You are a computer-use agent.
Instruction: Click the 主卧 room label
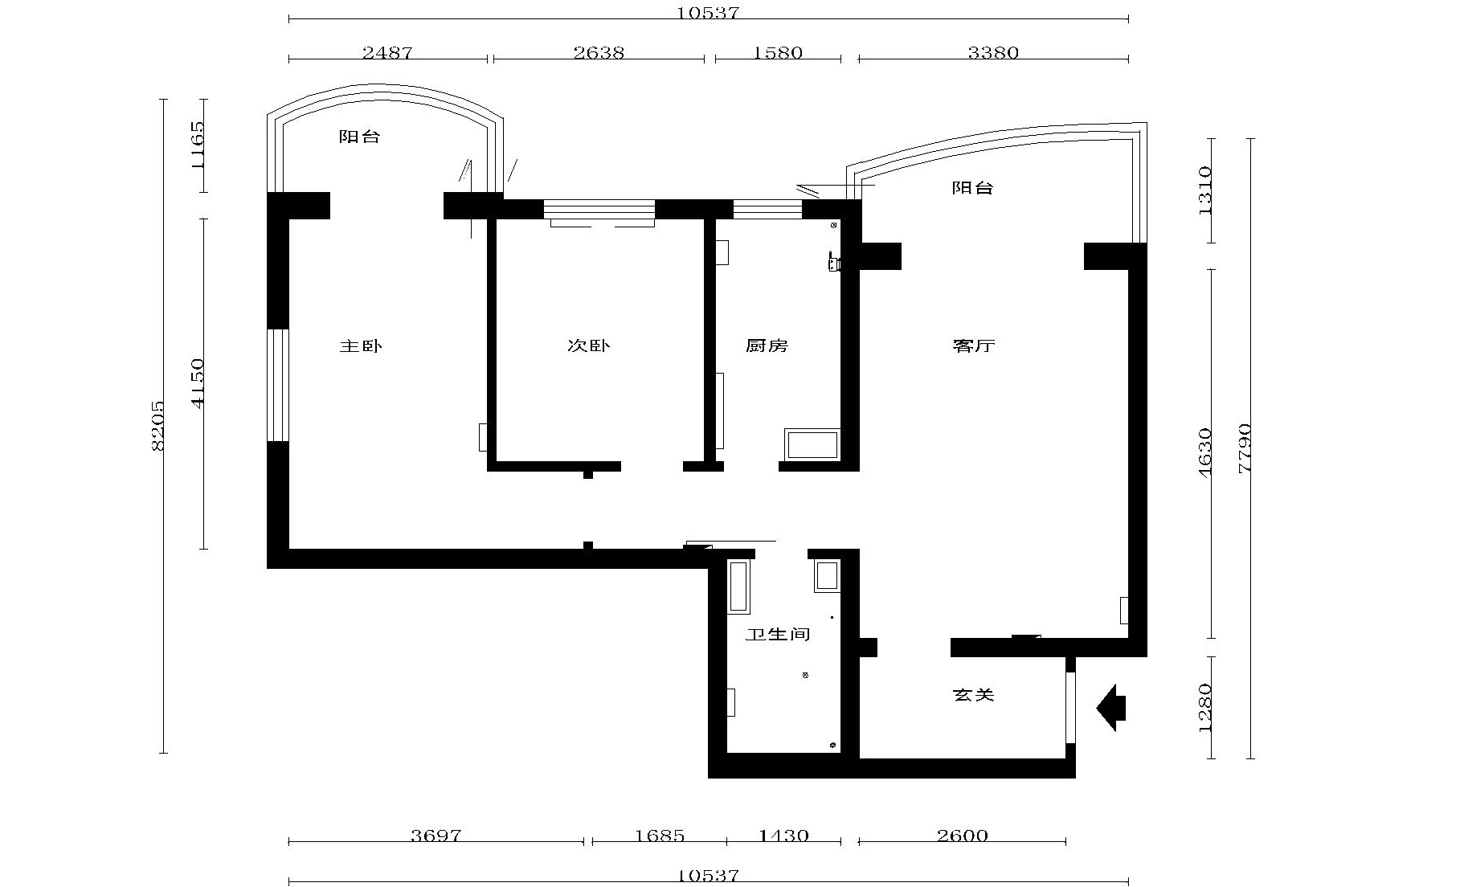coord(361,346)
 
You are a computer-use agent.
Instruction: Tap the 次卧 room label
coord(589,346)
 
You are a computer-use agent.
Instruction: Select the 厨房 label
coord(767,346)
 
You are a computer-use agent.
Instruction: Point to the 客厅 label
coord(974,346)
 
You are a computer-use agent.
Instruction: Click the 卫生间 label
coord(778,635)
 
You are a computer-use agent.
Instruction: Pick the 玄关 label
coord(974,694)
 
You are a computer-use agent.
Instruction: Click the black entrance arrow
coord(1111,708)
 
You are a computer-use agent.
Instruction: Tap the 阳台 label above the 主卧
coord(359,137)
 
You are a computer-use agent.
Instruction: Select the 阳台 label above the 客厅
coord(973,188)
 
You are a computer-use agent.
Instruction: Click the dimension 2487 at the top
coord(387,53)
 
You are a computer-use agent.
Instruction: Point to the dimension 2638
coord(599,53)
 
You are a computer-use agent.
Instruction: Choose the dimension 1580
coord(778,53)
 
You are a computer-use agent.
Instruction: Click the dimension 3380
coord(993,53)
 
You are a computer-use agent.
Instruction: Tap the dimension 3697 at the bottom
coord(436,836)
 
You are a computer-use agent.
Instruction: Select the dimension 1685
coord(659,836)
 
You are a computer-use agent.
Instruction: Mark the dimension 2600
coord(962,836)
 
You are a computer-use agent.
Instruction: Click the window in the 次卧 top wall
coord(599,210)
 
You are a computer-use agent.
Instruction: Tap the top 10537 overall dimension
coord(707,13)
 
